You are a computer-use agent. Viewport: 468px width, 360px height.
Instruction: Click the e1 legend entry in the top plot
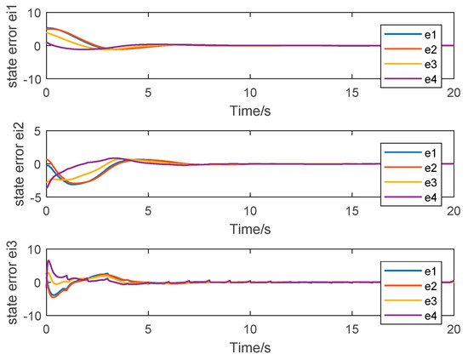[431, 33]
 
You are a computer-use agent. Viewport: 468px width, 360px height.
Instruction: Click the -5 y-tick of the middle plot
[34, 197]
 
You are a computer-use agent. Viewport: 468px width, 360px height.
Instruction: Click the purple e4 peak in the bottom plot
[49, 260]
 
